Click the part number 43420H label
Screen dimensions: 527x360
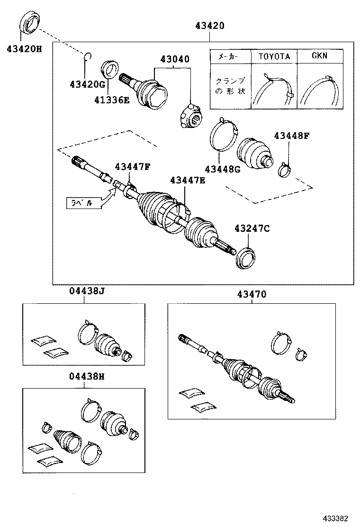[24, 48]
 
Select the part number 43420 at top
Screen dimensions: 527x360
[208, 26]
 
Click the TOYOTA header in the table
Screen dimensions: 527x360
[274, 56]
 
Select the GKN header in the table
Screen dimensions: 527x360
[319, 56]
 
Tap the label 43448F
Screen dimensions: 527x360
[291, 136]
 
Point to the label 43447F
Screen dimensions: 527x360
[132, 166]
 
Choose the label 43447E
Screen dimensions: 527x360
[188, 180]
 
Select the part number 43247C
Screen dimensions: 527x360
[251, 228]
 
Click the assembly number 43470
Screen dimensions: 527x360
[252, 294]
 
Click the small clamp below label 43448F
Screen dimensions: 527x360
[285, 169]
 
